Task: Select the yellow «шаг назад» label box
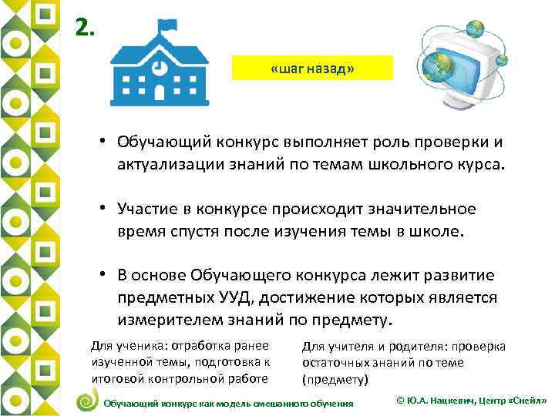(312, 68)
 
